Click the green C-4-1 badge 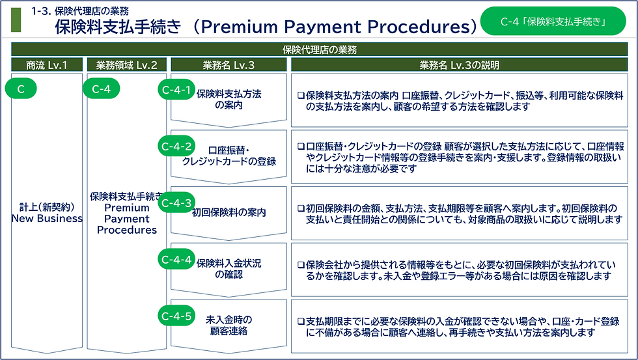(176, 89)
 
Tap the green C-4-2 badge (176, 146)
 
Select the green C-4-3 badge (176, 202)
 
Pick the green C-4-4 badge (176, 258)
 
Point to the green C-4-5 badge (176, 315)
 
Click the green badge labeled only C (21, 89)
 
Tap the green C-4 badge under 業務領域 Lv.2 (102, 89)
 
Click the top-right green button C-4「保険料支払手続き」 (553, 21)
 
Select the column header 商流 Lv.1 (47, 64)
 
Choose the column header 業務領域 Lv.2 (126, 64)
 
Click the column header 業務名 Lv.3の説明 (460, 64)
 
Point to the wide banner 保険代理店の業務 (320, 49)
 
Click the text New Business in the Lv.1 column (47, 219)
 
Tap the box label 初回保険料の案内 (229, 212)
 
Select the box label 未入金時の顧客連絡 (229, 325)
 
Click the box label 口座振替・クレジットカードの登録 (229, 156)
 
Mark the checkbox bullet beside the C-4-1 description (301, 96)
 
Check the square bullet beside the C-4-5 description (301, 322)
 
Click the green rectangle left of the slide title (16, 20)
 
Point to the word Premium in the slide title (240, 27)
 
